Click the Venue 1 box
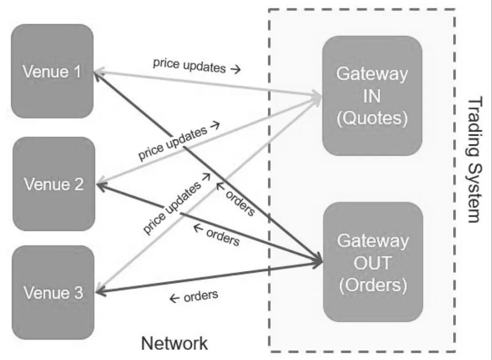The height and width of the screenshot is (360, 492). coord(52,71)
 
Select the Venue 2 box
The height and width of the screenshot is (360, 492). coord(54,184)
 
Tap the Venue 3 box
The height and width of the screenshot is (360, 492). coord(53,293)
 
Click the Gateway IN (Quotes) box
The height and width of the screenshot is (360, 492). coord(372,96)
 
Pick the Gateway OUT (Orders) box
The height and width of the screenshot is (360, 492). coord(373,262)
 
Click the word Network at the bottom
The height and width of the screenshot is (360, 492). coord(174,343)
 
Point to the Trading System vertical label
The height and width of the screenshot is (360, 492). coord(474,160)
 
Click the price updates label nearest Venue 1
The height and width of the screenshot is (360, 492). coord(190,65)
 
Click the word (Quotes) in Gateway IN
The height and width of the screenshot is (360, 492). coord(372,118)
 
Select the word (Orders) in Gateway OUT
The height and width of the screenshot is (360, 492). coord(373,285)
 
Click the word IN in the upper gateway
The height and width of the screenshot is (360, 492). coord(372,96)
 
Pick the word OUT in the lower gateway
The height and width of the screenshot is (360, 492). coord(373,262)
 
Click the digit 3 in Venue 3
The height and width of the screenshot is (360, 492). coord(78,293)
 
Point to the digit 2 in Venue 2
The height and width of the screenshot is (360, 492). coord(79,184)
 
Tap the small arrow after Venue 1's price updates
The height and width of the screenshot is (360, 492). coord(236,69)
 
